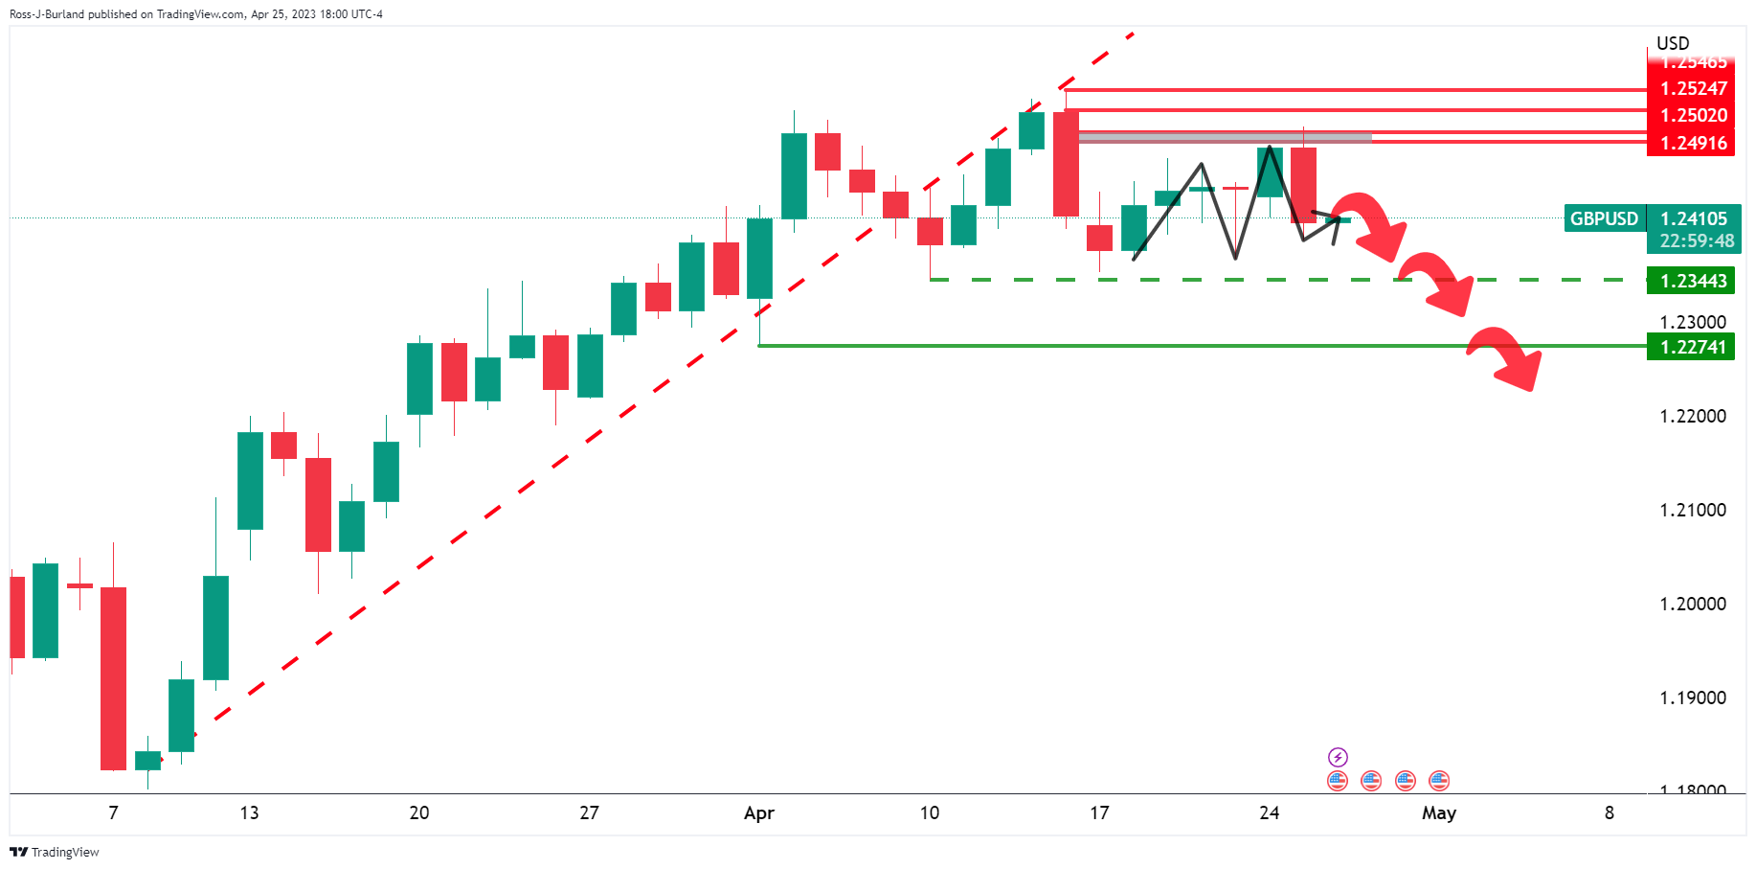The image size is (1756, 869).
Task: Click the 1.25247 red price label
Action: (1693, 88)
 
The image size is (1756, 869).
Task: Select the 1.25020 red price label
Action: (1693, 115)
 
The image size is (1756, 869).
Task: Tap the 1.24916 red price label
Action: (1693, 143)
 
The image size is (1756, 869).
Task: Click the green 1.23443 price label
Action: (1693, 281)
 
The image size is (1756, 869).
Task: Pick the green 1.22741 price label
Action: (1693, 347)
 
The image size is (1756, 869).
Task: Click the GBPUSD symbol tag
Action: (1604, 218)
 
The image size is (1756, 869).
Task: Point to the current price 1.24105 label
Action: (1693, 218)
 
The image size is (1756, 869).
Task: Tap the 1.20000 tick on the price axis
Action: (1693, 604)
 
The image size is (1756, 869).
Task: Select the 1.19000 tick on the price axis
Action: (1693, 697)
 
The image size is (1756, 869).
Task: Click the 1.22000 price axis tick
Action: (1693, 416)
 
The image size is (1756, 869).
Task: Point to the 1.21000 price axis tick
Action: (1693, 510)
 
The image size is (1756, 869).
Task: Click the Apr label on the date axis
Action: (759, 813)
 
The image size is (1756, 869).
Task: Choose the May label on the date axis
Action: (1438, 813)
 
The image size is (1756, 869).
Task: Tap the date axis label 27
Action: (589, 813)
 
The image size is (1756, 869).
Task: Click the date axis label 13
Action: (249, 813)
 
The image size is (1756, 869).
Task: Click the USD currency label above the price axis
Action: (1673, 43)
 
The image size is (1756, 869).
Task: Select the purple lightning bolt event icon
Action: (1338, 757)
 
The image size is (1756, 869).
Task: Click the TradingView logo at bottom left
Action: (55, 852)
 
